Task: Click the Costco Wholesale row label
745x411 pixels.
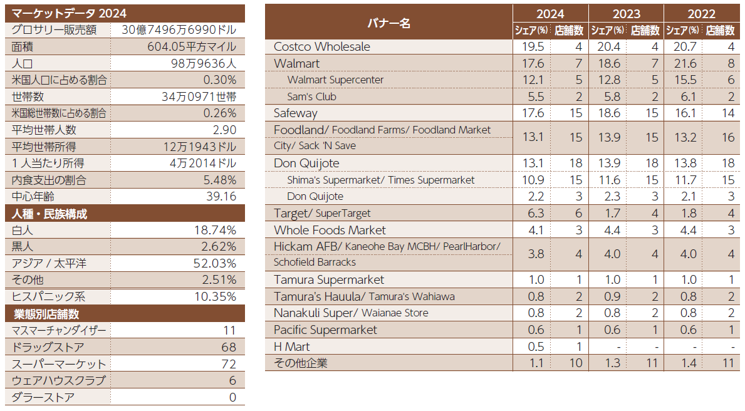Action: (x=322, y=47)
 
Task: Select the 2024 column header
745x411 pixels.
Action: (x=550, y=14)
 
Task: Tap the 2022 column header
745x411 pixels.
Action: (x=701, y=14)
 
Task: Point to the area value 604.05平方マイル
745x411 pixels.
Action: (x=192, y=47)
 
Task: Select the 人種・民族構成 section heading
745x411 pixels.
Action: (x=49, y=214)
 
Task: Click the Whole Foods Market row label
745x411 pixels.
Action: (x=330, y=230)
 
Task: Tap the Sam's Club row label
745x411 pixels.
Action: (x=311, y=96)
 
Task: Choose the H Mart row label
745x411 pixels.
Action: (x=291, y=346)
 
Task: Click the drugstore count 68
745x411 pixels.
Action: (x=228, y=347)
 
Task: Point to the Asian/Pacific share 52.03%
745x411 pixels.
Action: (x=214, y=263)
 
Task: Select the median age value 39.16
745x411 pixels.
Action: (x=220, y=197)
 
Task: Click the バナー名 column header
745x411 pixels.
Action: (x=388, y=23)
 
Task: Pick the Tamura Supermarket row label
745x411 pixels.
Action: (x=329, y=280)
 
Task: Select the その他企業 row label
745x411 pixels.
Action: (x=300, y=363)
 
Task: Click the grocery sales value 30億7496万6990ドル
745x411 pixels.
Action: (x=179, y=30)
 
